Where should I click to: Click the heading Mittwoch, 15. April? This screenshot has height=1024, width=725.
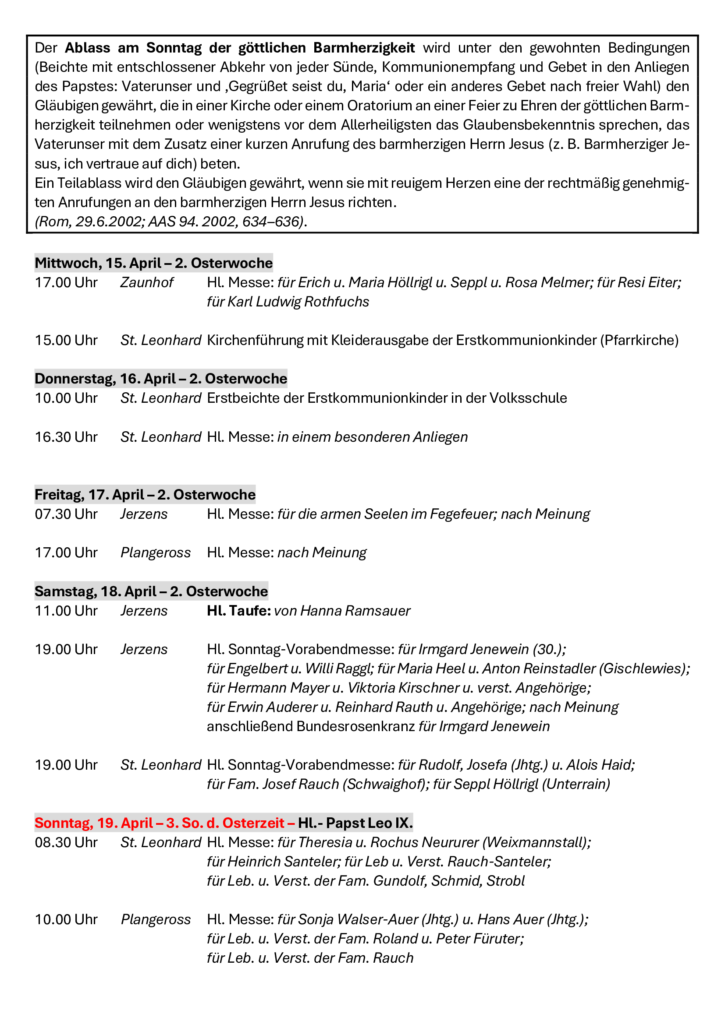(x=153, y=263)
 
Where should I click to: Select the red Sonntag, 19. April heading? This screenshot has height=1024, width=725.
(x=164, y=823)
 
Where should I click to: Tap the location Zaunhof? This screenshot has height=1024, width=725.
(x=147, y=283)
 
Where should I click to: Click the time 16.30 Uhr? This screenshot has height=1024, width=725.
(x=66, y=437)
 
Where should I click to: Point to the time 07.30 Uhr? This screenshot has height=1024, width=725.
(x=66, y=514)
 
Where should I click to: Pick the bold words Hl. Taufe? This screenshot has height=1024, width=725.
(x=239, y=611)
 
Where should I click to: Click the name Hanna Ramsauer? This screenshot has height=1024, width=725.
(x=355, y=611)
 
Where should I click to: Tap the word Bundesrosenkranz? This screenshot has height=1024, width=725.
(x=355, y=727)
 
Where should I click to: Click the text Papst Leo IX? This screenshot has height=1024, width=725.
(x=369, y=823)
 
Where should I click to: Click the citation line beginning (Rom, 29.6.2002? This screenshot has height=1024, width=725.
(x=171, y=222)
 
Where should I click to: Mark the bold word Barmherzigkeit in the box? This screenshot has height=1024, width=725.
(x=364, y=48)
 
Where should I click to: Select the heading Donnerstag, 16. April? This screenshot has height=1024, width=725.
(x=161, y=379)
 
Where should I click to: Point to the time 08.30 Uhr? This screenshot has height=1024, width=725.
(x=66, y=842)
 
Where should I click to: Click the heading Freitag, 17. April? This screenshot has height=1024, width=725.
(x=145, y=495)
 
